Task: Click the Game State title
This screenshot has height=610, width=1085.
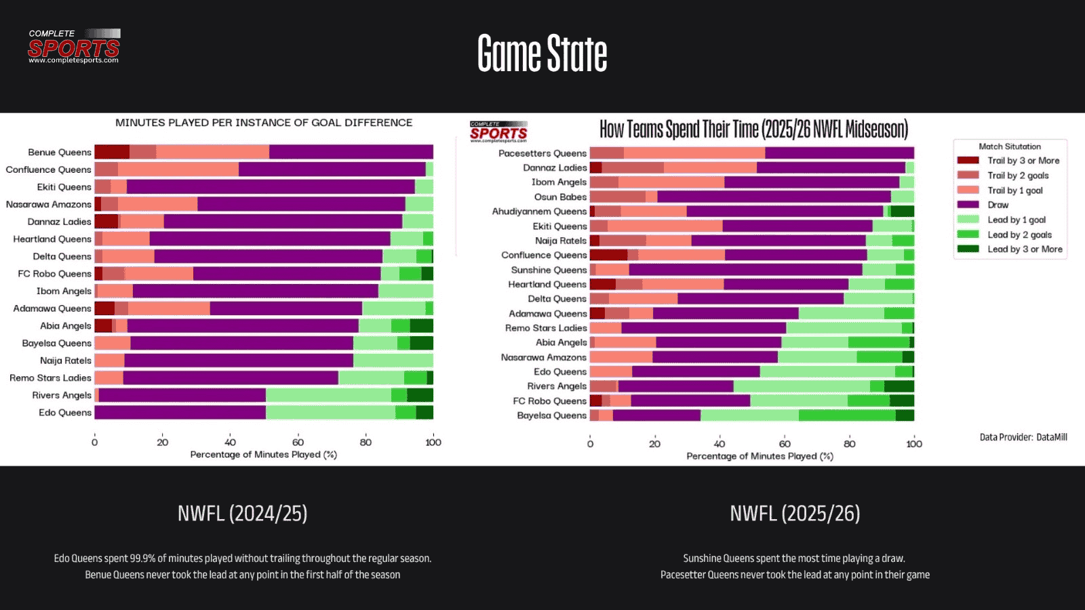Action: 542,54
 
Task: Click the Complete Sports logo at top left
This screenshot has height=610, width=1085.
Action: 74,46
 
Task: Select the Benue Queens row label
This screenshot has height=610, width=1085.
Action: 59,152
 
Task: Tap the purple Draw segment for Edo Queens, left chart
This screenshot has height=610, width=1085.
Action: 180,413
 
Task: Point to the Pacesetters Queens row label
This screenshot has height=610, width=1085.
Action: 542,153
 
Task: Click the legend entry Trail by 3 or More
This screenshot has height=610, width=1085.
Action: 1023,161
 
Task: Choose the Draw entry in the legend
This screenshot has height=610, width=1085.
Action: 998,205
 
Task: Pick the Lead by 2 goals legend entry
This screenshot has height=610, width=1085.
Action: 1019,235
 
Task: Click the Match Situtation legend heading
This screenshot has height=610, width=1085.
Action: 1009,146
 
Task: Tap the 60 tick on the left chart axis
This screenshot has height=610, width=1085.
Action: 298,442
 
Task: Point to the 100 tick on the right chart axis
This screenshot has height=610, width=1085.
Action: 913,444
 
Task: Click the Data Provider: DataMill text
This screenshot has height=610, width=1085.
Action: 1023,437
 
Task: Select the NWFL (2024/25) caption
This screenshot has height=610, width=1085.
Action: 242,514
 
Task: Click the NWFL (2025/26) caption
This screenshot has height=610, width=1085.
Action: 795,514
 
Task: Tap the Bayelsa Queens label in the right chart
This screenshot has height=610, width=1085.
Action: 551,415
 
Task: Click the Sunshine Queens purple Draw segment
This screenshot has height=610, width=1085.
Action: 745,270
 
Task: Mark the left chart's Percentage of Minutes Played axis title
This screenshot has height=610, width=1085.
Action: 263,455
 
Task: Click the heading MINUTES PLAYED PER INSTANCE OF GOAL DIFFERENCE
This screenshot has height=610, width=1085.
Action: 264,123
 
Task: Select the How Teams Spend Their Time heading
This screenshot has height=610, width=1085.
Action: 753,129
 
